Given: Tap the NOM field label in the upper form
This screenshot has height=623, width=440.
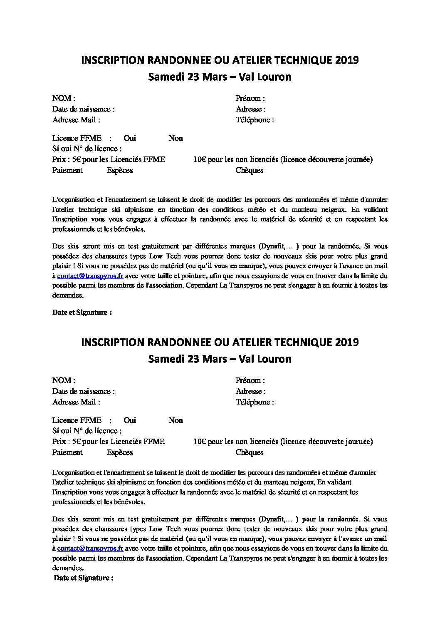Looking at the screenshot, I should coord(63,99).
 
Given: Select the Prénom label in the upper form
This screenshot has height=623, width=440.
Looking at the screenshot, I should coord(250,99).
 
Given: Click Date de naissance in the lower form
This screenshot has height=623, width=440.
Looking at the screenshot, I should coord(83,391).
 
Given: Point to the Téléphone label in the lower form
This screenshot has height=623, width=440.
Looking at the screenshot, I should coord(255,402).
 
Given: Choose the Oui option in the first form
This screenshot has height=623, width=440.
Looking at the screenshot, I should coord(130,138).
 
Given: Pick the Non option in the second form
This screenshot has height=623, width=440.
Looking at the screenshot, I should coord(176,420).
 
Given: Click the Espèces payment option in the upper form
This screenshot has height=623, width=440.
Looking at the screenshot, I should coord(120,170).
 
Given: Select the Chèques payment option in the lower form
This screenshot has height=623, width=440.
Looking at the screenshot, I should coord(249,452).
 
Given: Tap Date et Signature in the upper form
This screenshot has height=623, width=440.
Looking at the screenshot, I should coord(82,313).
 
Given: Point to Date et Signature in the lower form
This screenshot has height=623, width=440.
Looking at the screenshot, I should coord(84,578).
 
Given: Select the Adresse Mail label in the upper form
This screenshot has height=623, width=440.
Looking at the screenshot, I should coord(76,120).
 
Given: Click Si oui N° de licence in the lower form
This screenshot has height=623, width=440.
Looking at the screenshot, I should coord(87,431).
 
